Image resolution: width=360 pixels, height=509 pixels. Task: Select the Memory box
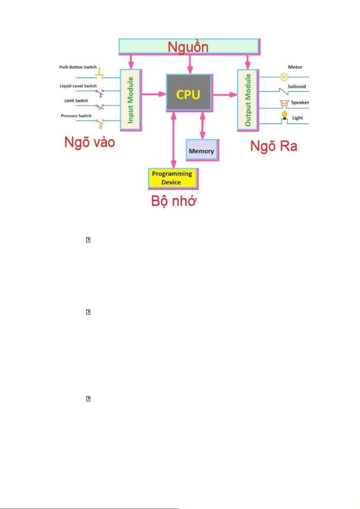(x=202, y=150)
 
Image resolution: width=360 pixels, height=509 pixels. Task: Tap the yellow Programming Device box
(x=173, y=178)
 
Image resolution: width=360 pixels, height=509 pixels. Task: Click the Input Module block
(x=131, y=100)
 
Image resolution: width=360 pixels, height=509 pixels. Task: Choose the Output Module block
(x=248, y=100)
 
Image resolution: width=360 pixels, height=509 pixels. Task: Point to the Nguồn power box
(x=189, y=47)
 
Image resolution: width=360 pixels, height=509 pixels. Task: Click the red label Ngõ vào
(x=89, y=142)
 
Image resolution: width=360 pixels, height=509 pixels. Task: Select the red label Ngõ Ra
(x=274, y=146)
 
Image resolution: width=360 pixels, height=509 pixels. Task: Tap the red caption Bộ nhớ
(x=174, y=201)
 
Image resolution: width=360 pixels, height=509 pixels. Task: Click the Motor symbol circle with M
(x=284, y=77)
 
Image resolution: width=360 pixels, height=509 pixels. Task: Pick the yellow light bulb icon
(x=284, y=115)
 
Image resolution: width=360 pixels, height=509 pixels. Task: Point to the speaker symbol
(x=284, y=103)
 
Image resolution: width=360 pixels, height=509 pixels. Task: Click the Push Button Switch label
(x=78, y=67)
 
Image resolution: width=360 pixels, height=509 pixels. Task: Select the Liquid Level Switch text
(x=78, y=86)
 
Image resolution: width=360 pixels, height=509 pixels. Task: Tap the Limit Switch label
(x=76, y=101)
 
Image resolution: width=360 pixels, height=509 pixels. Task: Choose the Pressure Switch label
(x=76, y=116)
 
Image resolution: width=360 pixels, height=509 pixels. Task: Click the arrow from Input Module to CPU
(x=154, y=94)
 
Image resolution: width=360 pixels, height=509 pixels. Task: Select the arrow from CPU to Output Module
(x=225, y=95)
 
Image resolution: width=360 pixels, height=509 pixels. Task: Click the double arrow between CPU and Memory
(x=203, y=125)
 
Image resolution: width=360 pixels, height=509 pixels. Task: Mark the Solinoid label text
(x=297, y=86)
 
